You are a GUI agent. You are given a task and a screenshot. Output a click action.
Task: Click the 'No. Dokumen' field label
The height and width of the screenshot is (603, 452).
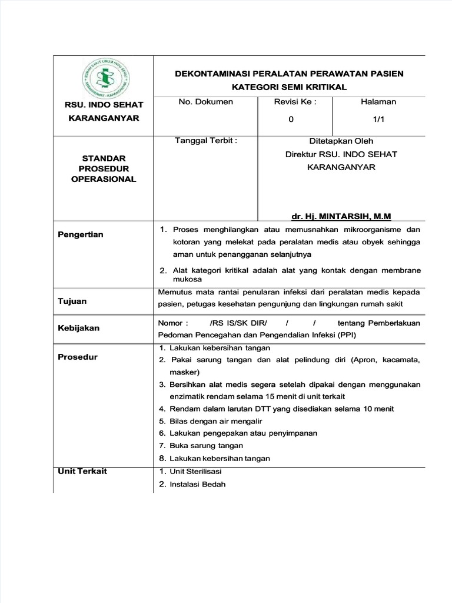click(x=205, y=102)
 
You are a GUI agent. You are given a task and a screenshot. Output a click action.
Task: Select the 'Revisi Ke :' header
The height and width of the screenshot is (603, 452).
click(x=295, y=102)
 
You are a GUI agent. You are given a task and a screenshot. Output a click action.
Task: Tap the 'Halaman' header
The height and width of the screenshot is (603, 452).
click(x=378, y=102)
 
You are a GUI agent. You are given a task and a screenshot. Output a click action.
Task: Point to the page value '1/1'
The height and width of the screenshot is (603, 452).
click(x=378, y=119)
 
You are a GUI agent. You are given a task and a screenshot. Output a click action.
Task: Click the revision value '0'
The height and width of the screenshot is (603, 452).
click(x=291, y=119)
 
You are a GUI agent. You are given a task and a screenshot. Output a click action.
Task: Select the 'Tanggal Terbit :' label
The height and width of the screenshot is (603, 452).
click(x=206, y=141)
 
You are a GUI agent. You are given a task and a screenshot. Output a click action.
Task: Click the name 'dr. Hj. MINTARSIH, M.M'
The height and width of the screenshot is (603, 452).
click(x=341, y=216)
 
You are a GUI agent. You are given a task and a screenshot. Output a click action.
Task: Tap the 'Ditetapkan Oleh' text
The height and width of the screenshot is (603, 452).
click(x=341, y=141)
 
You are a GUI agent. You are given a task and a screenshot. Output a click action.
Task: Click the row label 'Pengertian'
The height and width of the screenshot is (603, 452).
click(x=80, y=234)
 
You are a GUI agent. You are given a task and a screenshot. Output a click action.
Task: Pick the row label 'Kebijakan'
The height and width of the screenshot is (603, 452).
click(x=78, y=327)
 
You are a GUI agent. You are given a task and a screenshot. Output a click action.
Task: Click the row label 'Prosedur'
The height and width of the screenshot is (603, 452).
click(x=77, y=357)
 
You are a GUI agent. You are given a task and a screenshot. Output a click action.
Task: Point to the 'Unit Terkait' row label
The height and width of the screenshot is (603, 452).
click(x=82, y=472)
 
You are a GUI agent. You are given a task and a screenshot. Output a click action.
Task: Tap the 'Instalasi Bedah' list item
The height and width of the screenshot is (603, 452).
click(x=197, y=485)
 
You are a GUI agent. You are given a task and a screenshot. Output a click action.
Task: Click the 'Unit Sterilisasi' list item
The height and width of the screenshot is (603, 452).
click(x=195, y=472)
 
